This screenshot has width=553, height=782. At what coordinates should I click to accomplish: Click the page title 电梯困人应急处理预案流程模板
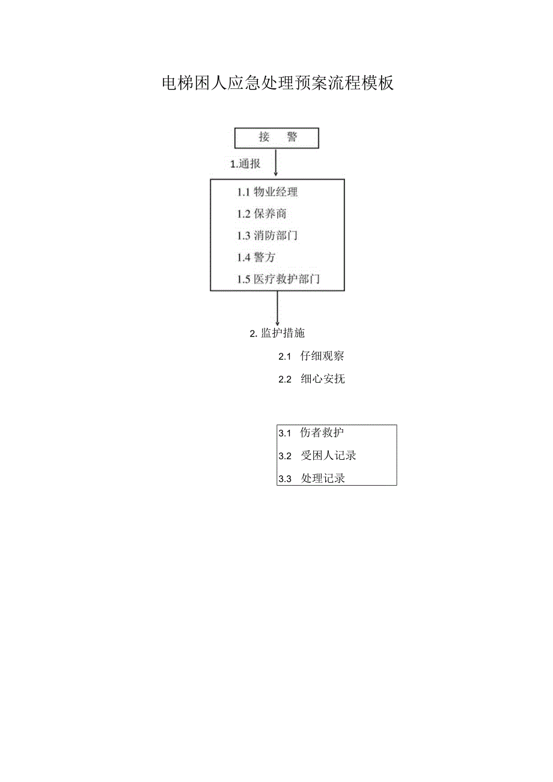pos(278,83)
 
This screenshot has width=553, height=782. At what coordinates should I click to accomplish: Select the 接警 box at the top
pos(276,138)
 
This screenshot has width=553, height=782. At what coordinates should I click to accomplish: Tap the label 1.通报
pos(245,163)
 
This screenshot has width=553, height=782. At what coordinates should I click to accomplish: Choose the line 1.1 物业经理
pos(267,192)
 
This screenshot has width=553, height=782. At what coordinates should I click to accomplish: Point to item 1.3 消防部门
pos(267,236)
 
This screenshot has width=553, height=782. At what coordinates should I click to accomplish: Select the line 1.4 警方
pos(256,257)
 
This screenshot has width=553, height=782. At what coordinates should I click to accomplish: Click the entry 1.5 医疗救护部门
pos(278,279)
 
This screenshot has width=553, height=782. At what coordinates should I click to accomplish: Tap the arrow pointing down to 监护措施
pos(277,308)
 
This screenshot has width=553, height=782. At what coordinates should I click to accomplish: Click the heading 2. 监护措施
pos(277,333)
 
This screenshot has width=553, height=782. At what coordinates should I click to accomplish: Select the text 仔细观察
pos(322,356)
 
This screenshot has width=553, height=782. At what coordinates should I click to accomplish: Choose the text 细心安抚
pos(323,379)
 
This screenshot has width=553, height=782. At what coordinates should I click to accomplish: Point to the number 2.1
pos(285,356)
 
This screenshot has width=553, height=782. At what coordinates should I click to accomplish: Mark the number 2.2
pos(285,379)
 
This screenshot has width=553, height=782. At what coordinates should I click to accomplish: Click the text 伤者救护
pos(322,433)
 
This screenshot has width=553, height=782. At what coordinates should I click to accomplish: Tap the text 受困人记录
pos(328,456)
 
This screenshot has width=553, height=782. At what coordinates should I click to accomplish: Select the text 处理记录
pos(323,478)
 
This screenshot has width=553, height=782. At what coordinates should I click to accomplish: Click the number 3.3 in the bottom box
pos(285,479)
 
